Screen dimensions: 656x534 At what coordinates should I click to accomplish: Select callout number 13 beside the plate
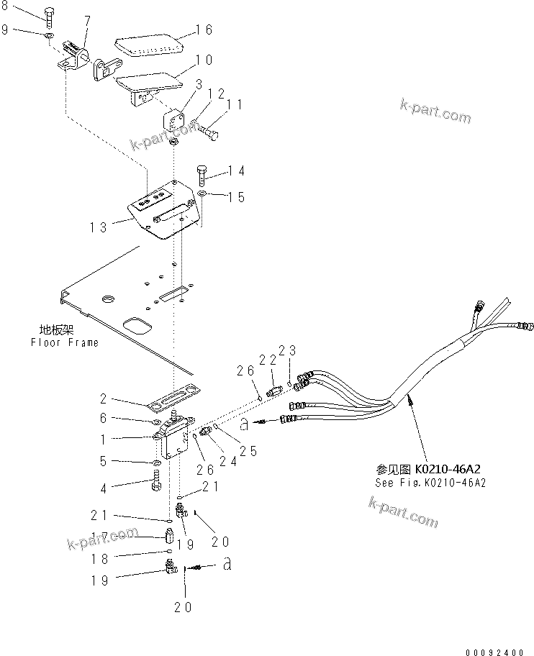(99, 227)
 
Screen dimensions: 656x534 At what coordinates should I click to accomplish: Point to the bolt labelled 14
(202, 173)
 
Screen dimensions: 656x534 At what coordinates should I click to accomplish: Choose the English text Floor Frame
(64, 342)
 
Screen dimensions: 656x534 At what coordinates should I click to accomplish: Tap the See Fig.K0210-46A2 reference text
(430, 483)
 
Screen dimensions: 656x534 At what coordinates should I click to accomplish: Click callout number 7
(87, 19)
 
